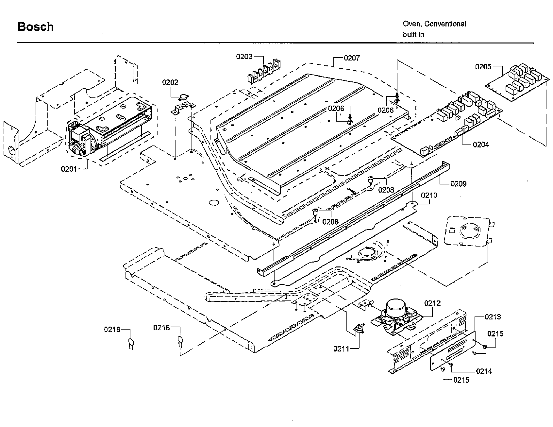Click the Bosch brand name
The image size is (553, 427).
[x=36, y=27]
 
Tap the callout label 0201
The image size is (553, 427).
[x=69, y=169]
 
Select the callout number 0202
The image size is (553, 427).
[x=170, y=82]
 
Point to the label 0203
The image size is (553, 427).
[x=244, y=57]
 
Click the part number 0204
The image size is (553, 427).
[x=481, y=145]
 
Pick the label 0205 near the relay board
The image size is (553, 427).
[x=483, y=67]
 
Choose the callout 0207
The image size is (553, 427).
[x=352, y=58]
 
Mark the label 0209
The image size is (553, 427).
[x=458, y=184]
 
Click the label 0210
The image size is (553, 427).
[x=429, y=196]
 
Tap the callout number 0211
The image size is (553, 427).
[x=341, y=349]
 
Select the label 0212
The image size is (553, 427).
[x=432, y=303]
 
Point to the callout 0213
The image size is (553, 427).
[x=493, y=317]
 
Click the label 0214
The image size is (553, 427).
[x=484, y=371]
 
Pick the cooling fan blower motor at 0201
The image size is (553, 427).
[x=80, y=139]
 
